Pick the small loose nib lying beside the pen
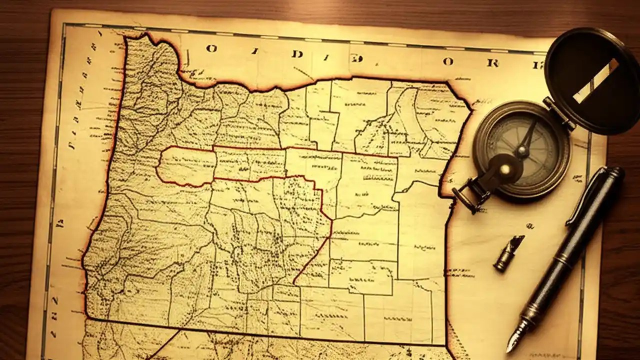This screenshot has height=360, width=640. pyautogui.click(x=508, y=253)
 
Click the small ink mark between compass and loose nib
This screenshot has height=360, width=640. pyautogui.click(x=530, y=226)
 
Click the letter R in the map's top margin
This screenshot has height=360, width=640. pyautogui.click(x=492, y=63)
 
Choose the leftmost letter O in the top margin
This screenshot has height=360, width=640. pyautogui.click(x=212, y=48)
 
